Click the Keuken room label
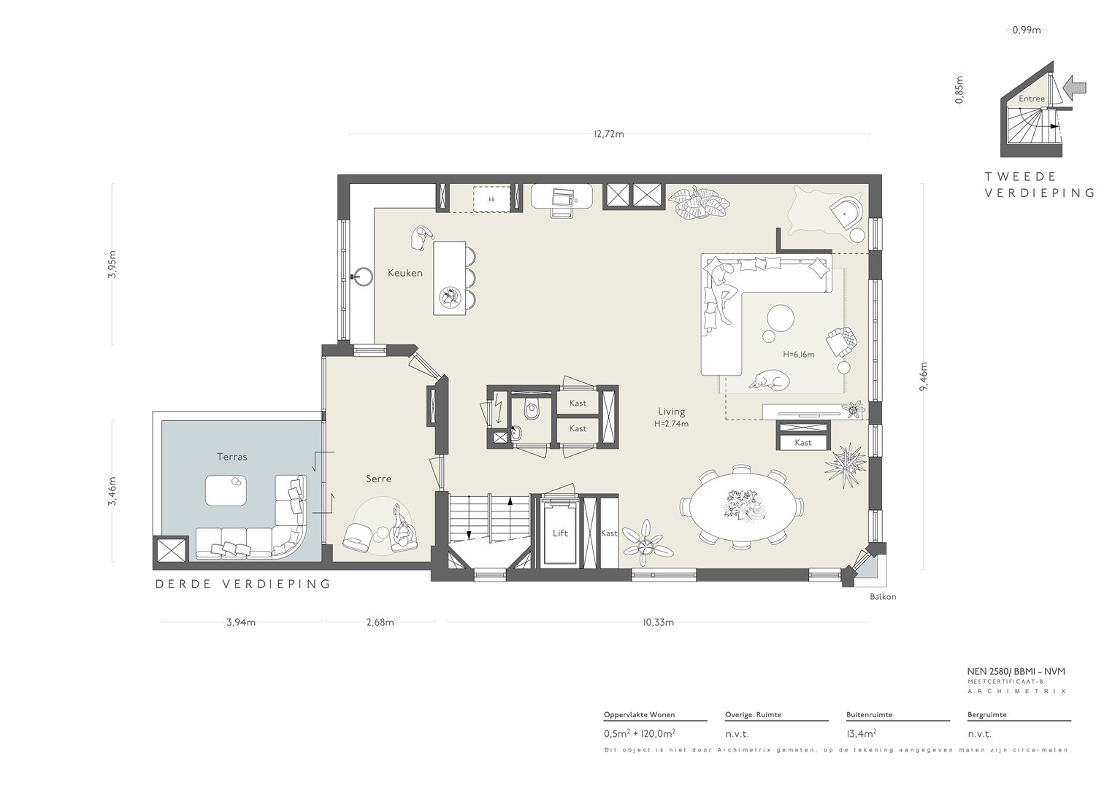405,273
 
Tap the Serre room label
378,479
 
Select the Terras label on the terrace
232,457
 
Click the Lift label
560,533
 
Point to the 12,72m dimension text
609,134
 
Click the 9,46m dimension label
924,376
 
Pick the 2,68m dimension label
380,622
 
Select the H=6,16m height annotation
798,354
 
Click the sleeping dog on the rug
770,380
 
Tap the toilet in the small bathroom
532,409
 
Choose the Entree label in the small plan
1031,98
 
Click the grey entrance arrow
1074,88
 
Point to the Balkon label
883,597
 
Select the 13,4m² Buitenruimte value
861,733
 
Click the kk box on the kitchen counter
492,199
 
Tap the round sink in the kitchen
363,276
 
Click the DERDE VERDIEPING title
243,584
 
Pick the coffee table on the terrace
226,490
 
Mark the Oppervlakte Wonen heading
639,714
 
